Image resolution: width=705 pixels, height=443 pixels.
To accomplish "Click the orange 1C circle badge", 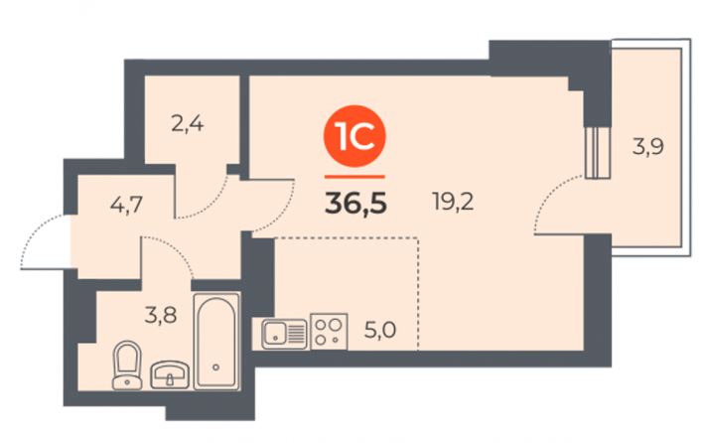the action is pos(354,136).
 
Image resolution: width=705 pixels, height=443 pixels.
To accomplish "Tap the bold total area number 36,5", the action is pos(355,204).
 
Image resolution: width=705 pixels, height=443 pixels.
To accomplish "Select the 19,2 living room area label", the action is pos(453,201).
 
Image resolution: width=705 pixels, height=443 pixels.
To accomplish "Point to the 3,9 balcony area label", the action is pos(647,147).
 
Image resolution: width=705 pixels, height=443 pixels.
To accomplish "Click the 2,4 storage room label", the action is pos(188,123).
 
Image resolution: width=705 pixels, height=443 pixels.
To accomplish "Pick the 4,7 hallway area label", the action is pos(126,205).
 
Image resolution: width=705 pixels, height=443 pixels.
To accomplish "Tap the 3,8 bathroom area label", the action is pos(161,315).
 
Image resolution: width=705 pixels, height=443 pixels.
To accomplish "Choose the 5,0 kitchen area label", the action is pos(380,331).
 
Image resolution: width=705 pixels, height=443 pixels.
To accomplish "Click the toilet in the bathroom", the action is pos(127,366).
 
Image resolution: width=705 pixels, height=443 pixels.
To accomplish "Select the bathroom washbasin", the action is pos(170,374).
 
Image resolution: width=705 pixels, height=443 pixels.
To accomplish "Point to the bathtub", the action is pos(216,342).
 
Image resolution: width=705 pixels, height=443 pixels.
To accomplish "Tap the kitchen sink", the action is pos(285,334).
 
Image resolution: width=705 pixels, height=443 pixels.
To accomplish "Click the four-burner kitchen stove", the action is pos(329,332).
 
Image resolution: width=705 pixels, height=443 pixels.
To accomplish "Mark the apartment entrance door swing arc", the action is pos(35,229).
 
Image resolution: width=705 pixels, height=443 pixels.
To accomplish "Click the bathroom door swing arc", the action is pos(177,248).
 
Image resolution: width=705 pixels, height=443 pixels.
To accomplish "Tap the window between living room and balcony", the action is pos(597,152).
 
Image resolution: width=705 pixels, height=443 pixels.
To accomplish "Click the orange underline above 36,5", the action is pos(354,177).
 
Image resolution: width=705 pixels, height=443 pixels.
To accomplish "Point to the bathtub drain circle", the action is pos(216,368).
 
